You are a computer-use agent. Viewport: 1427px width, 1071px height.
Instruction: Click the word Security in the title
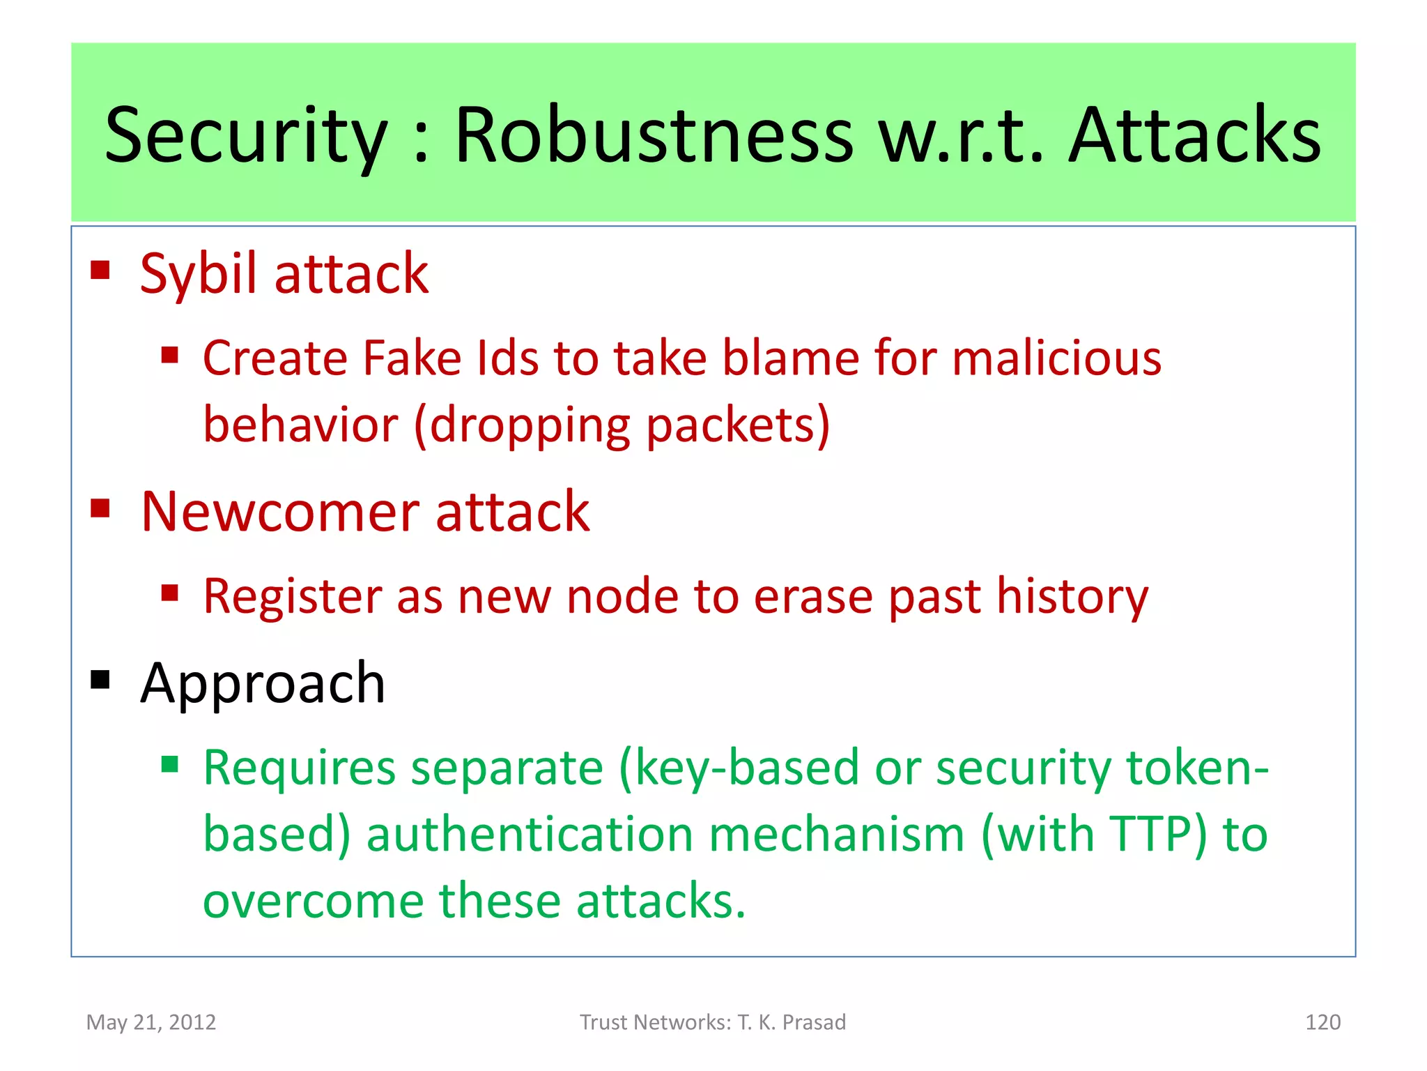(245, 136)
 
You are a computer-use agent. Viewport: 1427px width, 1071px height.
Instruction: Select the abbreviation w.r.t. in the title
(961, 136)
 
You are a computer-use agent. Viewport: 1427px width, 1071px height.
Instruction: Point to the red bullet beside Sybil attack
(100, 270)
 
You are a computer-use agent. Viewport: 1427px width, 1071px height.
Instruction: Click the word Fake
(412, 358)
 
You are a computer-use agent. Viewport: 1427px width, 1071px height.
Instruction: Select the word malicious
(1056, 358)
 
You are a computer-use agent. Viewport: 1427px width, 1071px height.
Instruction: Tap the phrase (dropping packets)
(622, 425)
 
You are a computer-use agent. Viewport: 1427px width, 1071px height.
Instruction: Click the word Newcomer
(279, 512)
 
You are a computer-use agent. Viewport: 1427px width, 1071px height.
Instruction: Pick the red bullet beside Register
(170, 593)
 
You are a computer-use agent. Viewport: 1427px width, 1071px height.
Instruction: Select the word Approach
(263, 684)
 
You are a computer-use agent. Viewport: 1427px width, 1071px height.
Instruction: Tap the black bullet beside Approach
(100, 679)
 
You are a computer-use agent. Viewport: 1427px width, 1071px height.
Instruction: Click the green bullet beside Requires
(170, 765)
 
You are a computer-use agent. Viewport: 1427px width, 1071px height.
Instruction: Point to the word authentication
(530, 835)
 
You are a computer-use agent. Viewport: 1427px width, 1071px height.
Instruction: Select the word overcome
(313, 901)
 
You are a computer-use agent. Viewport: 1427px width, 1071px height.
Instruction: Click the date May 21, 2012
(151, 1022)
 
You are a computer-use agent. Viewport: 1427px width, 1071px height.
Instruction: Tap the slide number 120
(1322, 1022)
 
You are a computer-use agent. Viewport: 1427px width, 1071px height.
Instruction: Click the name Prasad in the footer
(814, 1022)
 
